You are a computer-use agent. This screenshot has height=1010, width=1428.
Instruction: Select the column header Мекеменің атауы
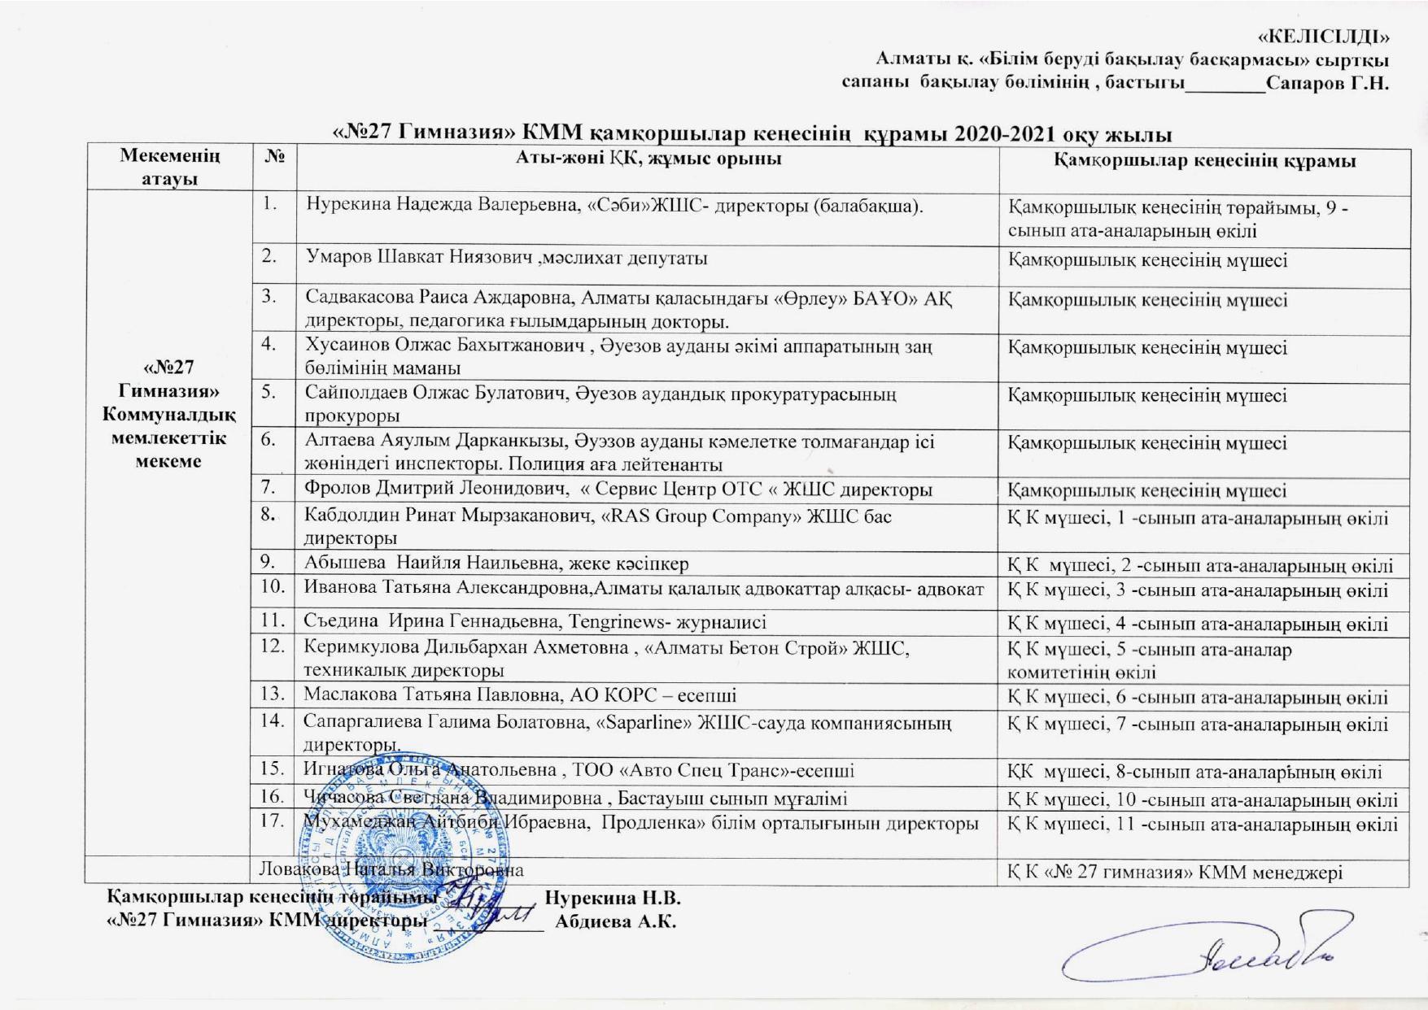169,168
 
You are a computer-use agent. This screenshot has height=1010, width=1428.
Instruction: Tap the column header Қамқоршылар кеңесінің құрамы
1204,160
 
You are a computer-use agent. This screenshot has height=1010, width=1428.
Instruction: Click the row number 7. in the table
273,488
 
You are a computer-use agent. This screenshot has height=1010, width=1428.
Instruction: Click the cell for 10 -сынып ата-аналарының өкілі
1203,799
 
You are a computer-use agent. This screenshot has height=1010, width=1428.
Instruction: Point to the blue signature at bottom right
1212,956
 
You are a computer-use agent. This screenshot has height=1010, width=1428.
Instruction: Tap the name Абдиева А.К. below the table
616,923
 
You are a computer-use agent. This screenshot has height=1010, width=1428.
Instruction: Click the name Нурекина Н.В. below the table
612,899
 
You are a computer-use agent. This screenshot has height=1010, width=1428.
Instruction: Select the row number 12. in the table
273,647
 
